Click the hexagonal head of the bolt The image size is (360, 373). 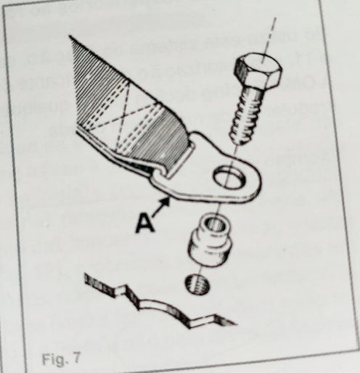coord(258,71)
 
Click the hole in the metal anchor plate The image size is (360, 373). coord(229,177)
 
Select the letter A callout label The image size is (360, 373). coord(145,224)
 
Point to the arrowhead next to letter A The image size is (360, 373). coord(165,202)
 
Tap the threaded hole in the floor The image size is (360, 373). coord(197,284)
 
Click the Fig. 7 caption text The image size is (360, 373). coord(61,358)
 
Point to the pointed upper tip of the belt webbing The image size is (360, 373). coord(70,36)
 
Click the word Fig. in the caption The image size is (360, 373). coord(54,359)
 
